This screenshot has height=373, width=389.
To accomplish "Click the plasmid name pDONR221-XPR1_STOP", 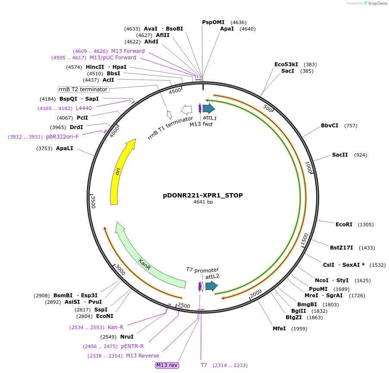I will pos(203,195).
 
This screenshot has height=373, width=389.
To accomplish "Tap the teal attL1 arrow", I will pos(209,108).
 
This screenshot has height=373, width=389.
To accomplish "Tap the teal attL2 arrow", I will pos(211,286).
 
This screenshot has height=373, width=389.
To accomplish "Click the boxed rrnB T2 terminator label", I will pos(83,89).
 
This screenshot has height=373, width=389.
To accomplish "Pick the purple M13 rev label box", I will pos(167,365).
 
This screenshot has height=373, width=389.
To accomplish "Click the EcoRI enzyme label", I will pos(344,225).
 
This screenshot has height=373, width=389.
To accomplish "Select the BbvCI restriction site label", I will pos(330,126).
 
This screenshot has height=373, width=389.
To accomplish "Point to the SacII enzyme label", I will pos(339,155).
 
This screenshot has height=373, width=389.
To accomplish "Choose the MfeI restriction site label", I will pos(279,329).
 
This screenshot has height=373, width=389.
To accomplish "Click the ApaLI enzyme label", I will pos(65,148).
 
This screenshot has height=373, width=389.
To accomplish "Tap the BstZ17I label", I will pos(341,248).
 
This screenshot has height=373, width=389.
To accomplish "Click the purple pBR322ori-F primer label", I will pos(62,137).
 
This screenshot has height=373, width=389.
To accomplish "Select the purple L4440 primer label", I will pos(84,108).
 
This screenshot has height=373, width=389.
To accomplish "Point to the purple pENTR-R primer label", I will pos(132,346).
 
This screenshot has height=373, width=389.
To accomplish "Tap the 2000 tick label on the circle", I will pos(256,293).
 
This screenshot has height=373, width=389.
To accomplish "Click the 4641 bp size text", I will pos(203,202).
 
